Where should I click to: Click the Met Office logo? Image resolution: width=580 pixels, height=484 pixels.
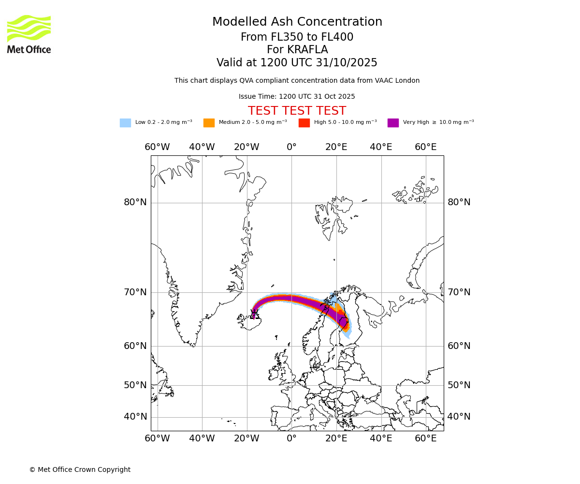click(29, 34)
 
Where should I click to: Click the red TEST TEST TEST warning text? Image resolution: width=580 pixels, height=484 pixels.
click(297, 111)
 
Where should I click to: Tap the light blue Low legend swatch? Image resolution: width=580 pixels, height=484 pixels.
click(125, 123)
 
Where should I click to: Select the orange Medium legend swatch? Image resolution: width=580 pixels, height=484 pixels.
click(209, 123)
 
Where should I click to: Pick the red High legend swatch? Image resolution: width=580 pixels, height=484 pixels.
click(304, 123)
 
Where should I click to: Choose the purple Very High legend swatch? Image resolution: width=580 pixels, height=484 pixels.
click(393, 123)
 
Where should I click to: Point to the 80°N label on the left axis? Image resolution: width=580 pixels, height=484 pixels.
click(135, 202)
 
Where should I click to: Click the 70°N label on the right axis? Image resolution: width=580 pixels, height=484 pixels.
click(459, 292)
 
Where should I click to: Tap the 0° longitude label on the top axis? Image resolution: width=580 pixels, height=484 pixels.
click(291, 147)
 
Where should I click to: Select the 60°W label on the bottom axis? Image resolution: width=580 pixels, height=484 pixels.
click(157, 439)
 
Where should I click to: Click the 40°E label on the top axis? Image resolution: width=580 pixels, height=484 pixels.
click(381, 147)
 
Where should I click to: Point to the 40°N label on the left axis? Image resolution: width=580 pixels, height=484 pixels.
click(135, 417)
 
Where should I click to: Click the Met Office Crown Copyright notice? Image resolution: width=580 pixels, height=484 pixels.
click(80, 469)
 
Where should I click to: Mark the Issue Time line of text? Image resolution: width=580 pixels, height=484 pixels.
click(297, 97)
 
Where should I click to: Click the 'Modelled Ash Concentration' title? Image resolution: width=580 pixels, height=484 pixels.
click(297, 22)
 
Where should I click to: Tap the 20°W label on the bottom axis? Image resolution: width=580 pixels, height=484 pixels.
click(246, 439)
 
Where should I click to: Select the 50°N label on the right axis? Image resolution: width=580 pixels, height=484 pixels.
click(459, 385)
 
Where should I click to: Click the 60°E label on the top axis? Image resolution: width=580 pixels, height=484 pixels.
click(425, 147)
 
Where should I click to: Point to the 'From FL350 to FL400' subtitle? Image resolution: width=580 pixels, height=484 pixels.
click(297, 37)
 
